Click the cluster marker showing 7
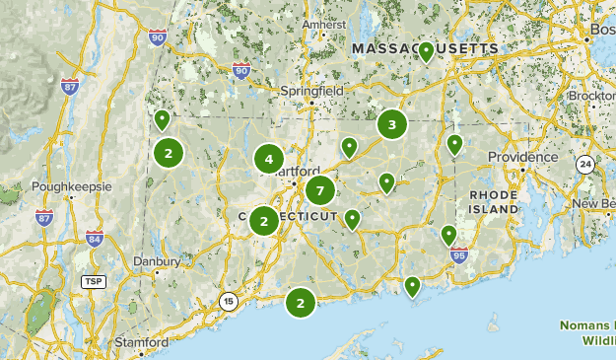pos(319,190)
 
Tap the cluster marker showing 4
pos(268,159)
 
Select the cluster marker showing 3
pos(392,124)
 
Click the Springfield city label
pos(311,91)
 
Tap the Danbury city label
pos(158,262)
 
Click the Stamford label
pos(141,342)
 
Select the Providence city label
pos(522,157)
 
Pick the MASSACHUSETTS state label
pos(426,48)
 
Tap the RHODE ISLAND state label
pos(494,202)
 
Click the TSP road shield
pos(94,282)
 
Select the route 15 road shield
pos(229,302)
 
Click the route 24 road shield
pos(584,164)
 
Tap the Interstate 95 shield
pos(459,255)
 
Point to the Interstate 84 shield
pos(95,239)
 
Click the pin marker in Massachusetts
pos(426,52)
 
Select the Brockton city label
pos(592,97)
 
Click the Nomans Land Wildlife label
pos(587,331)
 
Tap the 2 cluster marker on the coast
pos(301,303)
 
